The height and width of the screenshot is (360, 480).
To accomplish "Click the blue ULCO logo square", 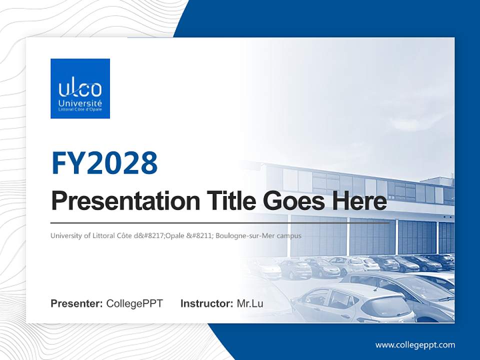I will tap(80, 88).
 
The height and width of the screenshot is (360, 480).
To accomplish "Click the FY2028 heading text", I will tap(104, 162).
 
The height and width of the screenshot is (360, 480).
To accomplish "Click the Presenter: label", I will tap(76, 303).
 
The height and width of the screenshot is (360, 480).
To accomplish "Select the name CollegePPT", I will tap(134, 303).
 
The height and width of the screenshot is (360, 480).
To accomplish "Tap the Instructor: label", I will tap(206, 303).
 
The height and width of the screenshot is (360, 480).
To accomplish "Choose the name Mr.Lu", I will tap(250, 303).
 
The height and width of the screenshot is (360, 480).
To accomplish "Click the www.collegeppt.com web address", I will tap(415, 345).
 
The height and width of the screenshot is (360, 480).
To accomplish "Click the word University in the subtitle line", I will tap(65, 235).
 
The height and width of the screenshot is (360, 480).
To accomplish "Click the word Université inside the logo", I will tap(80, 102).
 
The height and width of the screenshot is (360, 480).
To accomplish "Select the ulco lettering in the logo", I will tap(80, 89).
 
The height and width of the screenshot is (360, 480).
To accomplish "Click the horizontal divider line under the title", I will tap(220, 223).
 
